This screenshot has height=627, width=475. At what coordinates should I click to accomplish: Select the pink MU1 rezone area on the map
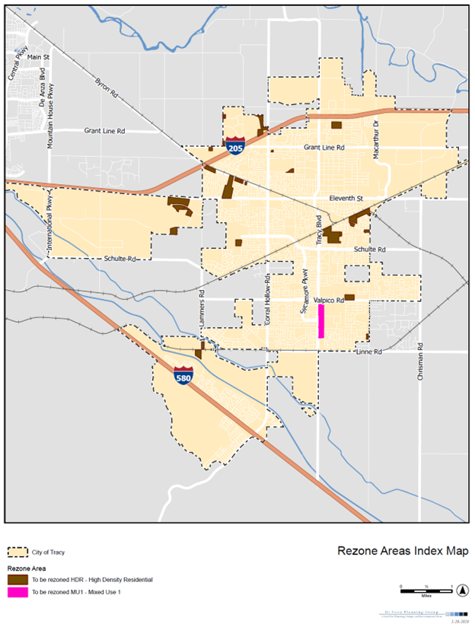tap(321, 321)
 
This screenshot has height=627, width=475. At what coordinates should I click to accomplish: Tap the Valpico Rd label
tap(329, 301)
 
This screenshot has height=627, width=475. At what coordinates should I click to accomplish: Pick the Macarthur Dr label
tap(376, 139)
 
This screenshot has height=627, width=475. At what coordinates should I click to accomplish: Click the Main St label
tap(37, 57)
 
